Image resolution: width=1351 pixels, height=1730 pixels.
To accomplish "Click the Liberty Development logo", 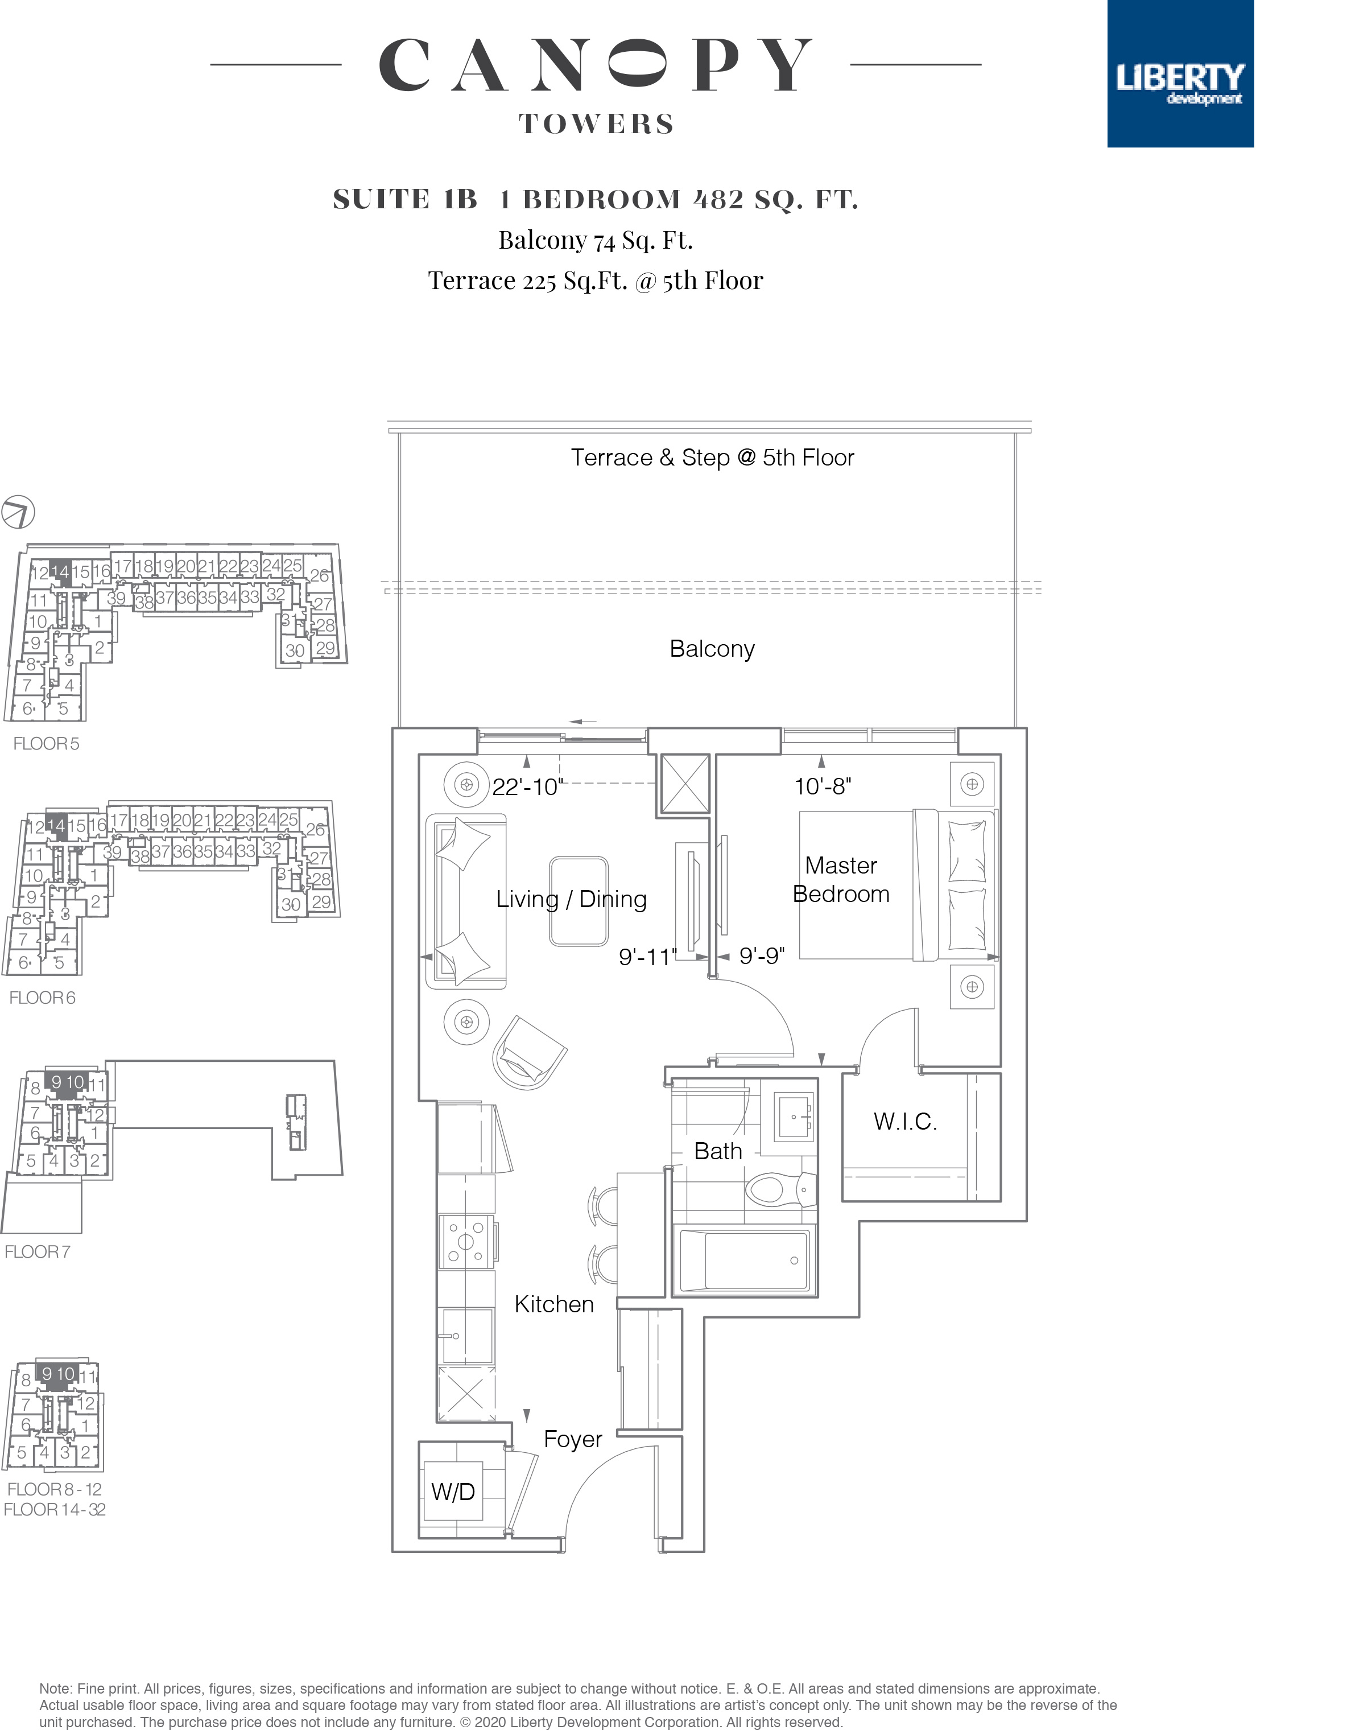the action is [1180, 73].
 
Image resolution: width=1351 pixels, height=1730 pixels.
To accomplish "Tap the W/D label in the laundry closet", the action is [453, 1492].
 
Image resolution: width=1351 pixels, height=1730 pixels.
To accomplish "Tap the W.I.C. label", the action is [905, 1121].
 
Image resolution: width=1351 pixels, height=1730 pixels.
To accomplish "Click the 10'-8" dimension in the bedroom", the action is [823, 786].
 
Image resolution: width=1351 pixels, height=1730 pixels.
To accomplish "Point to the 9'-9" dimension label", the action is [762, 956].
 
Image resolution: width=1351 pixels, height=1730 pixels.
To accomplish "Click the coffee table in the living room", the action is [579, 901].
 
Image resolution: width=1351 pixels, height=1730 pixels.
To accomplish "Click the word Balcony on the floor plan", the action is [712, 649].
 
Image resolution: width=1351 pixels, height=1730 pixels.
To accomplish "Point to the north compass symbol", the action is [18, 511].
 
